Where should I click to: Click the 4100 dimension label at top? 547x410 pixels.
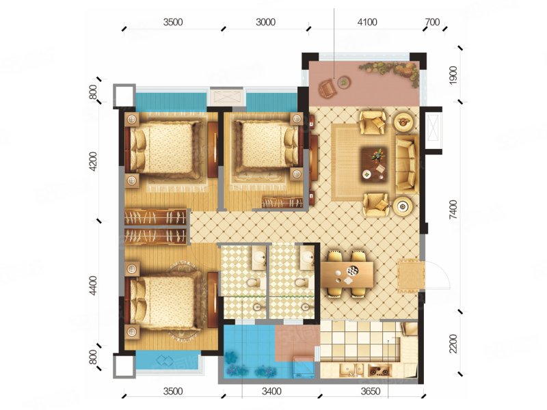pyautogui.click(x=367, y=23)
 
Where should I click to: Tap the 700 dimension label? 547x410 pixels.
pyautogui.click(x=432, y=23)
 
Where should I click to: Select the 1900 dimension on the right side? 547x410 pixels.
pyautogui.click(x=453, y=75)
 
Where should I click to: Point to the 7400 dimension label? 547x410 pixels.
pyautogui.click(x=453, y=210)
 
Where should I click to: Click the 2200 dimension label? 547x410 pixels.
pyautogui.click(x=453, y=344)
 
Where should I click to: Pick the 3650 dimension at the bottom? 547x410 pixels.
pyautogui.click(x=370, y=392)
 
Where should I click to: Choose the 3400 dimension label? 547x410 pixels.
pyautogui.click(x=271, y=392)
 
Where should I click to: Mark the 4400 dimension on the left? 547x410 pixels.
pyautogui.click(x=93, y=286)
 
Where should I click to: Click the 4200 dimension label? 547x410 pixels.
pyautogui.click(x=93, y=162)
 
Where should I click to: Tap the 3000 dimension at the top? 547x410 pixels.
pyautogui.click(x=265, y=23)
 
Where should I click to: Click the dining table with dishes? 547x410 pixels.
pyautogui.click(x=347, y=274)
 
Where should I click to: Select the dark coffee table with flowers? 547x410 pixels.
pyautogui.click(x=374, y=163)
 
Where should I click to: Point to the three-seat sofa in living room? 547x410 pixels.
pyautogui.click(x=407, y=164)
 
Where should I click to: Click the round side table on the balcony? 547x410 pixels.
pyautogui.click(x=344, y=82)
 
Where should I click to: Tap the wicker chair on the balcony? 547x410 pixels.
pyautogui.click(x=328, y=88)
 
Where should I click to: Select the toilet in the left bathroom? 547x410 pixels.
pyautogui.click(x=251, y=282)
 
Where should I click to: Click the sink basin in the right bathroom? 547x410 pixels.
pyautogui.click(x=307, y=258)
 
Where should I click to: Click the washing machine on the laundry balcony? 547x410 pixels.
pyautogui.click(x=304, y=368)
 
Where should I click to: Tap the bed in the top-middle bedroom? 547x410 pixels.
pyautogui.click(x=267, y=145)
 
